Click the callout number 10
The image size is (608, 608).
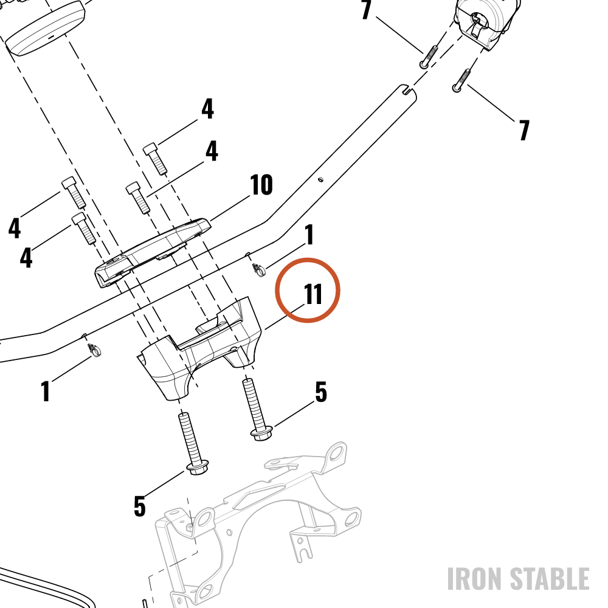(261, 185)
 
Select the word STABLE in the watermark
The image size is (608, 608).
(550, 579)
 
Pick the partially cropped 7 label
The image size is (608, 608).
(365, 10)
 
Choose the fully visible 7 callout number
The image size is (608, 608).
(524, 130)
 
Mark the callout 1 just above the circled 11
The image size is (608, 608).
(309, 235)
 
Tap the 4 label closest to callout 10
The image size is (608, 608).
(212, 151)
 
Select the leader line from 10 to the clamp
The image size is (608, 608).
(230, 209)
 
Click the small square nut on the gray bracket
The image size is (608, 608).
(189, 528)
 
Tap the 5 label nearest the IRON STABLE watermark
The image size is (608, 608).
(321, 392)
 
